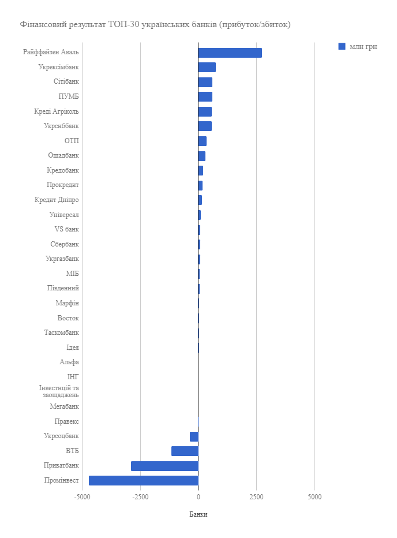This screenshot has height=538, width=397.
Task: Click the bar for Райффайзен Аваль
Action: pos(230,53)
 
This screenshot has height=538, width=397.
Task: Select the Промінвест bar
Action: pos(144,480)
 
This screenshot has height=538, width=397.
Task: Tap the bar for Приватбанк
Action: pos(164,466)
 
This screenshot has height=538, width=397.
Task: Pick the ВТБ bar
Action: pos(185,451)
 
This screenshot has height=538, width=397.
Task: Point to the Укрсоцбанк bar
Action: pos(194,436)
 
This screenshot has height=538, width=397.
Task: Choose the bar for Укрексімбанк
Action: pos(207,67)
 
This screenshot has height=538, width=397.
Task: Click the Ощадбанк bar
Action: pos(201,156)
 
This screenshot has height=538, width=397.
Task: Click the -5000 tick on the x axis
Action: pos(83,496)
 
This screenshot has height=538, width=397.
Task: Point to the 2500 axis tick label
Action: pos(256,496)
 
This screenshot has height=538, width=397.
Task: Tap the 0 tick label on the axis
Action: pos(198,496)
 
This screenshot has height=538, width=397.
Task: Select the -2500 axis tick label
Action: pos(140,496)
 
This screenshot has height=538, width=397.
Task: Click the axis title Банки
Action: pos(198,514)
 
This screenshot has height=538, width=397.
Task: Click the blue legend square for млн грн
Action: pos(342,46)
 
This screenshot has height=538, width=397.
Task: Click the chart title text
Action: pos(155,24)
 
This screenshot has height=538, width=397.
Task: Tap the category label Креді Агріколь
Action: pos(57,111)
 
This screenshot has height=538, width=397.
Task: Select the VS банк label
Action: pos(66,229)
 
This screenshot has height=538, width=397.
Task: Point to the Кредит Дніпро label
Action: pos(57,200)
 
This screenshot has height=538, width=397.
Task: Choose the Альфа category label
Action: pos(69,362)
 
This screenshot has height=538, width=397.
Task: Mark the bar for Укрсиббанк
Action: pos(205,126)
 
